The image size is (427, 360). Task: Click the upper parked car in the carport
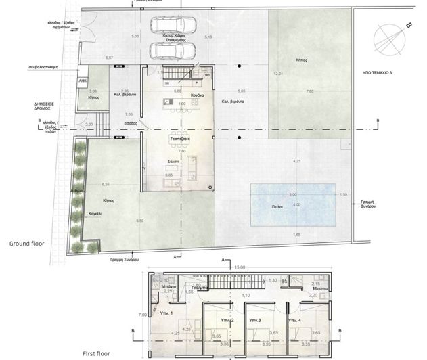[x=169, y=26]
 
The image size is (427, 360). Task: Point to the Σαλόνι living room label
[x=174, y=162]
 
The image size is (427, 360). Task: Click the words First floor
[x=97, y=353]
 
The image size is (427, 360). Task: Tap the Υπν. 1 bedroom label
[x=166, y=313]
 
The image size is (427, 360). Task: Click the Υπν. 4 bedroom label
[x=294, y=319]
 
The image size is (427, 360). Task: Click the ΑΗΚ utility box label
[x=83, y=79]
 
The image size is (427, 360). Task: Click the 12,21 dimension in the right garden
[x=277, y=73]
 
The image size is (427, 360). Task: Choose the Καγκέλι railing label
[x=85, y=213]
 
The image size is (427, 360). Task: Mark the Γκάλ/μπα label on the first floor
[x=199, y=287]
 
